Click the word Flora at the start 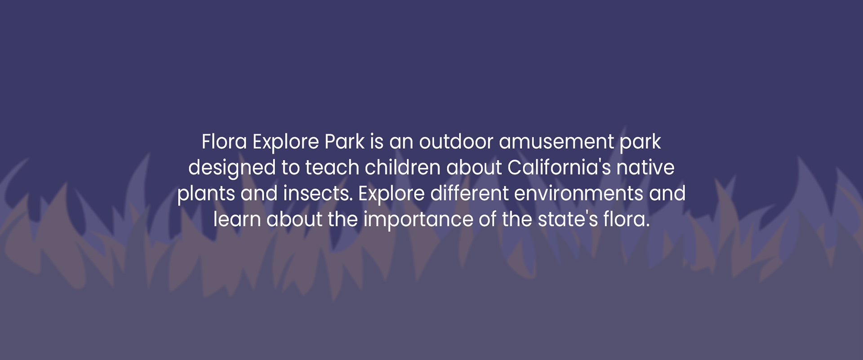(224, 142)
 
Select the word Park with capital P (344, 142)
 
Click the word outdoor (456, 142)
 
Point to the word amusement (556, 142)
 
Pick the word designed (232, 168)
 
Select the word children (402, 168)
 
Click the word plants (206, 194)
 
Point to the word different (469, 194)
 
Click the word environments (578, 194)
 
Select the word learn (237, 220)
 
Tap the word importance (418, 220)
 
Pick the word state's (567, 220)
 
